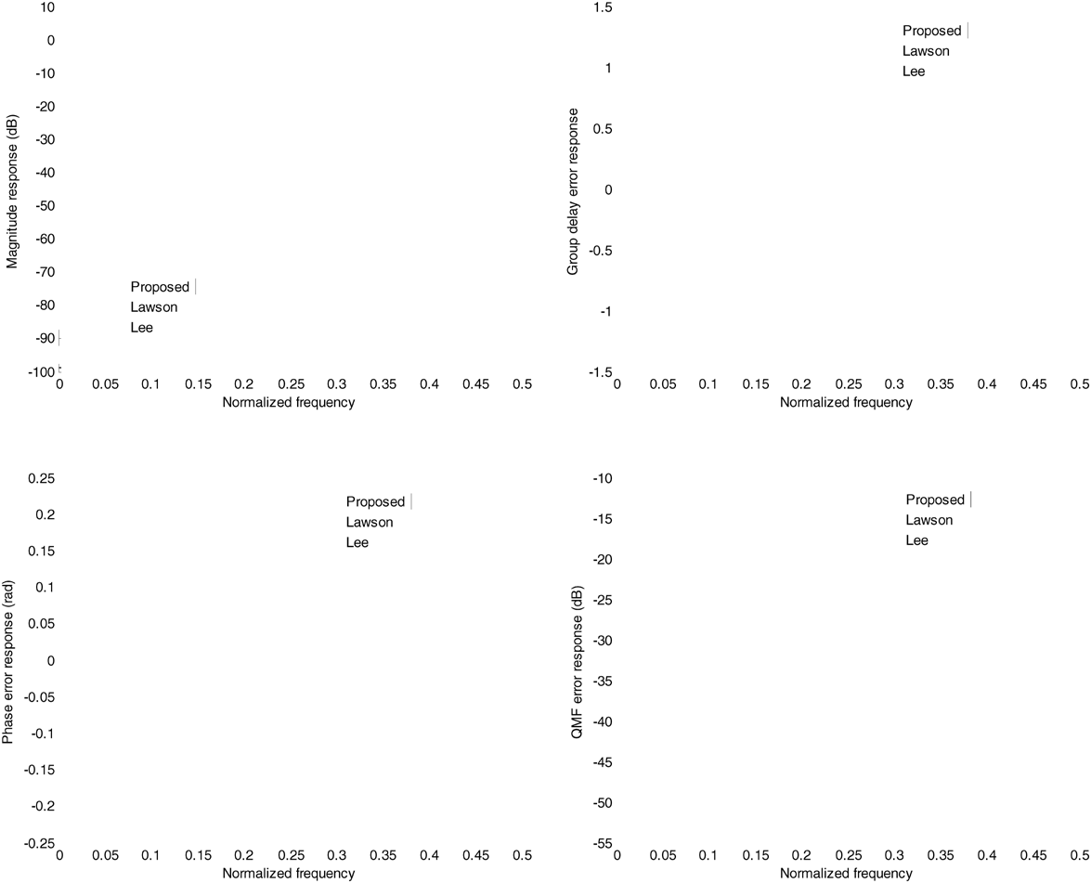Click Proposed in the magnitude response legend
pyautogui.click(x=159, y=287)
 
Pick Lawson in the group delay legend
pyautogui.click(x=926, y=51)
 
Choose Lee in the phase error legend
pyautogui.click(x=357, y=542)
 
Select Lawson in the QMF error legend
pyautogui.click(x=929, y=520)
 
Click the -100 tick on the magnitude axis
pyautogui.click(x=39, y=371)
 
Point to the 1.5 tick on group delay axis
pyautogui.click(x=604, y=7)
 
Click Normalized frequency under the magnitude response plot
pyautogui.click(x=288, y=402)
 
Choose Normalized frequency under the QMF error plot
pyautogui.click(x=846, y=874)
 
